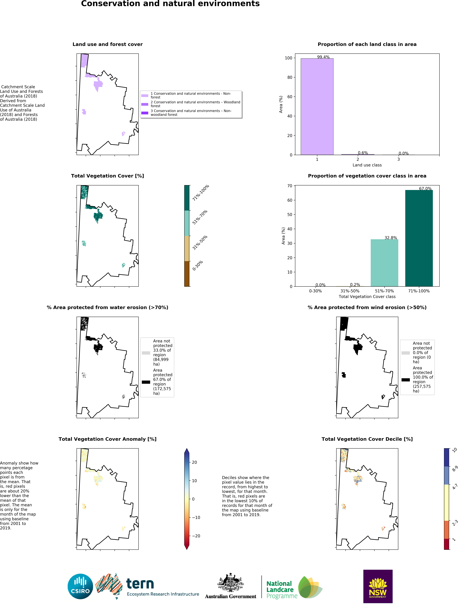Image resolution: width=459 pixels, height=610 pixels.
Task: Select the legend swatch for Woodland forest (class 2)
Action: point(145,104)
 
